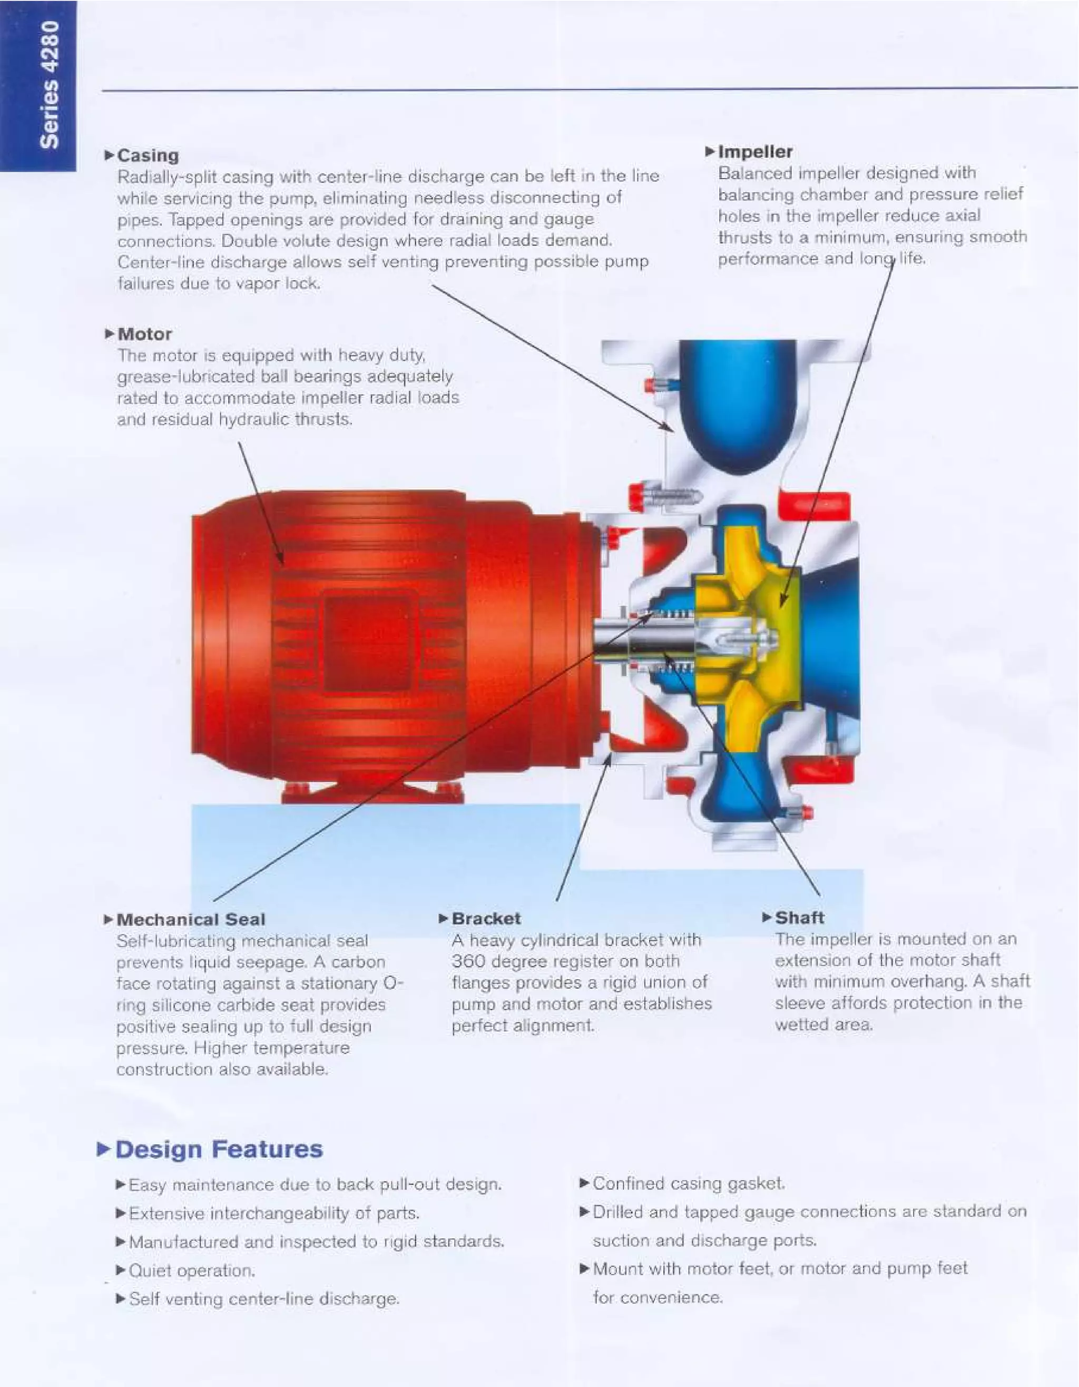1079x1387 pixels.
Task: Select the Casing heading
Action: click(x=148, y=155)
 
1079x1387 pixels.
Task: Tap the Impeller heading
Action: click(x=754, y=152)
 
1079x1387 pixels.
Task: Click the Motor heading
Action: click(x=144, y=334)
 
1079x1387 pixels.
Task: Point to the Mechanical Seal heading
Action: click(x=191, y=920)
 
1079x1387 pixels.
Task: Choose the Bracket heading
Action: click(x=486, y=918)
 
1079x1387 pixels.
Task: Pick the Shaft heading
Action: click(x=799, y=918)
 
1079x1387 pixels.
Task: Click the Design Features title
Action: click(x=219, y=1149)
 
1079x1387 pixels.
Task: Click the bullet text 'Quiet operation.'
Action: click(x=192, y=1271)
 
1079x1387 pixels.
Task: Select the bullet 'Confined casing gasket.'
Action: click(x=689, y=1184)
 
